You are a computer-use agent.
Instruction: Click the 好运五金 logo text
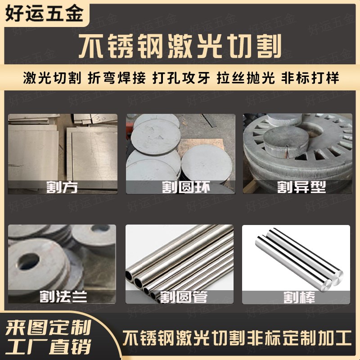[44, 13]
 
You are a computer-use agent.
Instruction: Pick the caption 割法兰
[63, 297]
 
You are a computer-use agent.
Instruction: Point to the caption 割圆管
[180, 297]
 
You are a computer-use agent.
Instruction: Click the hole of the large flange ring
[26, 262]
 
